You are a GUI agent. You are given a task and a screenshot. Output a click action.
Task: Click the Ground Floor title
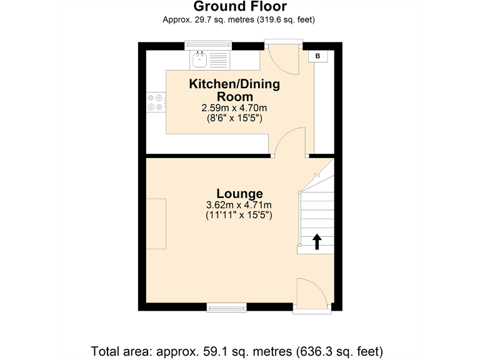coord(240,7)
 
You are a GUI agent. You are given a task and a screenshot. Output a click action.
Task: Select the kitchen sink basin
coord(200,60)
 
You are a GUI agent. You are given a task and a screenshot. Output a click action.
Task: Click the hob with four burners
coord(156,102)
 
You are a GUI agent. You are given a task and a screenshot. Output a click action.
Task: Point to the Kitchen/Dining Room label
coord(234,90)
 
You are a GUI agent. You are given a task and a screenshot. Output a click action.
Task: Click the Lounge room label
coord(239,193)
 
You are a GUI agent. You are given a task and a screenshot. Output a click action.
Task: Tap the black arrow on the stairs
coord(316,241)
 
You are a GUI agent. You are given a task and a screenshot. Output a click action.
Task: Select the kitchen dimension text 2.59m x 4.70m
coord(234,108)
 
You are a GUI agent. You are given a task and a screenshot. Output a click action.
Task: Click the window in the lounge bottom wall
coord(227,307)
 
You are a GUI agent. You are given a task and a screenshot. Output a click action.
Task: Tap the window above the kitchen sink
coord(209,45)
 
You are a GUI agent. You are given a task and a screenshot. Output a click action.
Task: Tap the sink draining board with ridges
coord(219,60)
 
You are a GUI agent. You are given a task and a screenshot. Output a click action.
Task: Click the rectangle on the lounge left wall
coord(156,223)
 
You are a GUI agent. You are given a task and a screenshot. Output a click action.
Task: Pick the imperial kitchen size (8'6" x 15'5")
coord(234,117)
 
